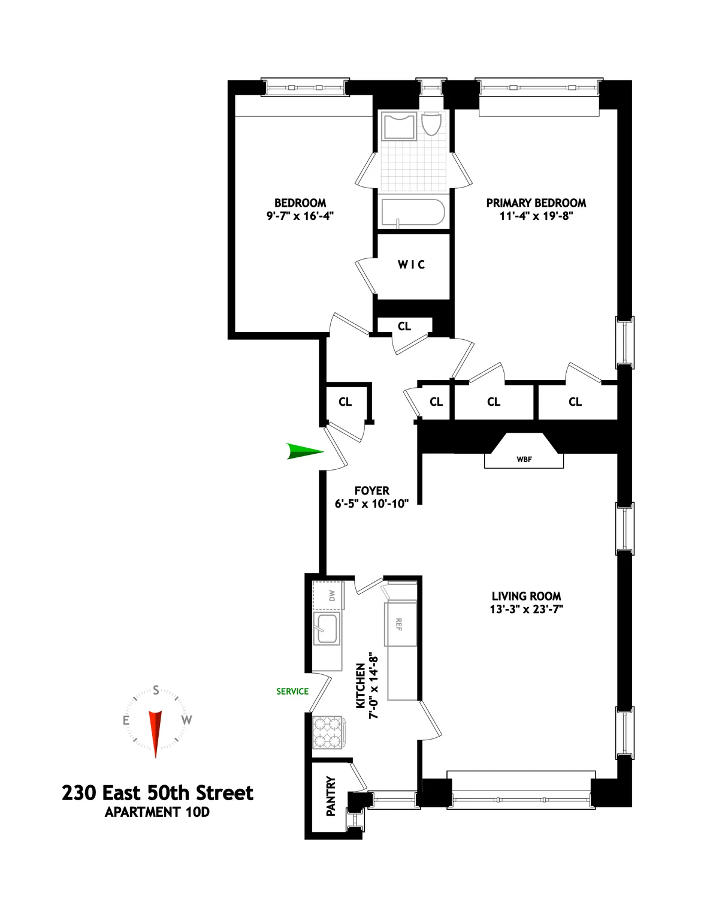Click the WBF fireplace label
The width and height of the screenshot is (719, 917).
coord(524,460)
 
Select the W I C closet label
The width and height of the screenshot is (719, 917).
coord(412,265)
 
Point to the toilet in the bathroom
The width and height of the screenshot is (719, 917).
coord(431,124)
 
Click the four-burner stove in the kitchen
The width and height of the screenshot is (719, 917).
coord(327,732)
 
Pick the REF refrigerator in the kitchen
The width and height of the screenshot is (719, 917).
coord(400,624)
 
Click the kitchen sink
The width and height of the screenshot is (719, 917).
coord(327,629)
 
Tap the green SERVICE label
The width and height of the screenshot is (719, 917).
coord(292,691)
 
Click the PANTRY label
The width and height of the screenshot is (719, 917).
coord(331,797)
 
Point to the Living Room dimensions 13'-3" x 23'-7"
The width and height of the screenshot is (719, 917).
coord(527,610)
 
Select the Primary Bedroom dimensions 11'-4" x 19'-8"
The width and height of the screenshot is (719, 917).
coord(536,216)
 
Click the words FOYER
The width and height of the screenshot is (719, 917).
coord(371,491)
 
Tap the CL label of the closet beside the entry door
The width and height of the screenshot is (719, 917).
coord(345,402)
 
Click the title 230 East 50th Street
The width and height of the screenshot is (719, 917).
coord(158,793)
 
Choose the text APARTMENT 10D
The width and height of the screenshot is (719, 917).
coord(157,813)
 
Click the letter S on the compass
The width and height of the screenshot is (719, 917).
coord(156,690)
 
